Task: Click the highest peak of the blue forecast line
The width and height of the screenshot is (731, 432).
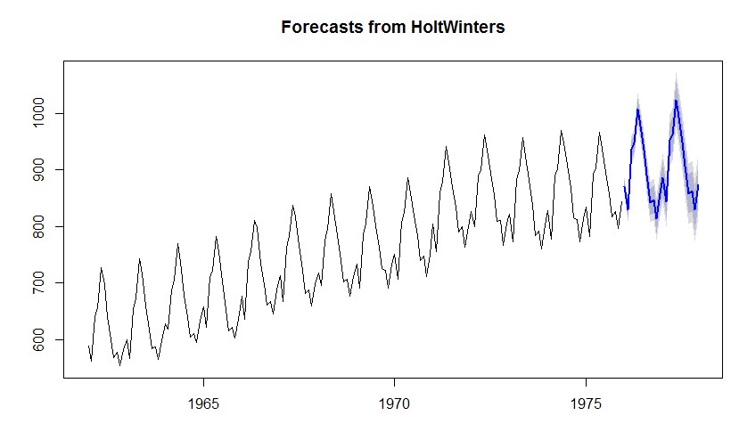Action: tap(676, 101)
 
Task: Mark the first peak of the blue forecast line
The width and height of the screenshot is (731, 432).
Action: tap(637, 109)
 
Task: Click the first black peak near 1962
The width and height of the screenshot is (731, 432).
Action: tap(101, 268)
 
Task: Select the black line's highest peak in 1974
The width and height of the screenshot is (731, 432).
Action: tap(561, 131)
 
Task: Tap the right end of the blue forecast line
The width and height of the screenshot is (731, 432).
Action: tap(699, 185)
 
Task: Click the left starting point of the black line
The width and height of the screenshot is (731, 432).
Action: tap(88, 346)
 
